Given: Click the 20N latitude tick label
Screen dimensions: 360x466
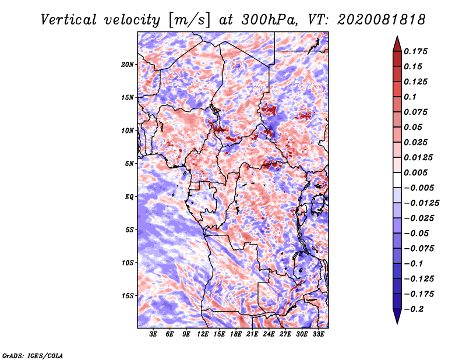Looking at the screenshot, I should [x=128, y=64].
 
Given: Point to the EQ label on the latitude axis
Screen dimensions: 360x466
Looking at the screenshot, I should [x=129, y=197].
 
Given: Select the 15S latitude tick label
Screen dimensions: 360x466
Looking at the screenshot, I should [x=128, y=296].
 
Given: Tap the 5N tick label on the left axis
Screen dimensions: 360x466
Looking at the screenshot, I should [x=129, y=164].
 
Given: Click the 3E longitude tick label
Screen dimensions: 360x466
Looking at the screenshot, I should [x=154, y=334].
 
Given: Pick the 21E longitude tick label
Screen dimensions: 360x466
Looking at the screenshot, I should [x=252, y=334].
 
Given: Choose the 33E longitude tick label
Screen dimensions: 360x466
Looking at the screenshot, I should [x=318, y=334].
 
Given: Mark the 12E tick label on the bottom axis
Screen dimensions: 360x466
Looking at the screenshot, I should [x=203, y=334].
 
